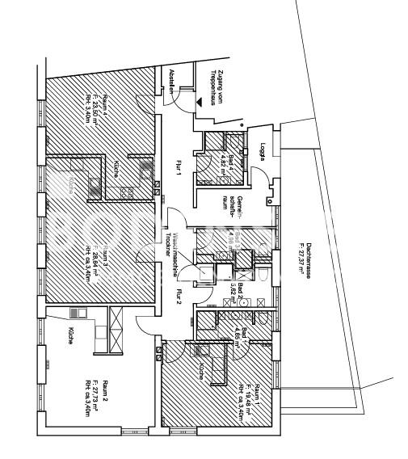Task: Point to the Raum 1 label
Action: tap(257, 396)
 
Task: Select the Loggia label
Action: tap(263, 151)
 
